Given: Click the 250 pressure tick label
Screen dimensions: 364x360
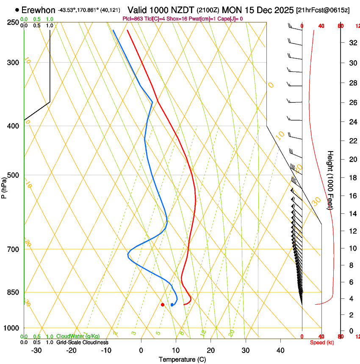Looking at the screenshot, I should click(x=13, y=22).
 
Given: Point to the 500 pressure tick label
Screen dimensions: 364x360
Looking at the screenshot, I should click(x=13, y=175).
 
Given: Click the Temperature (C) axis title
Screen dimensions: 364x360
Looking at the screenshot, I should click(x=182, y=359).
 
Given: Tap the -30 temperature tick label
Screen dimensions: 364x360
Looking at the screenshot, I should click(x=36, y=350).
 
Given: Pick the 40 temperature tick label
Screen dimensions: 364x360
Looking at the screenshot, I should click(x=280, y=350).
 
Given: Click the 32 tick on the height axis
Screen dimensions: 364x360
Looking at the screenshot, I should click(x=352, y=42).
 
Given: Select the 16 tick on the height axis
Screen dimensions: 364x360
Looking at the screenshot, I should click(x=352, y=196).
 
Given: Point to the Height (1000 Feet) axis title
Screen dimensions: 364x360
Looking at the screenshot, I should click(x=330, y=180).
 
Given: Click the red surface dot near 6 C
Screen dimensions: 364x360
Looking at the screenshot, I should click(x=163, y=304).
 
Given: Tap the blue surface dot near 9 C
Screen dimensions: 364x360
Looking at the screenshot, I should click(x=172, y=304).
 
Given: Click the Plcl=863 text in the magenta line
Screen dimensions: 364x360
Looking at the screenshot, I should click(x=133, y=19).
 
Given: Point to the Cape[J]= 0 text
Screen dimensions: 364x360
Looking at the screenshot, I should click(x=231, y=19).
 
